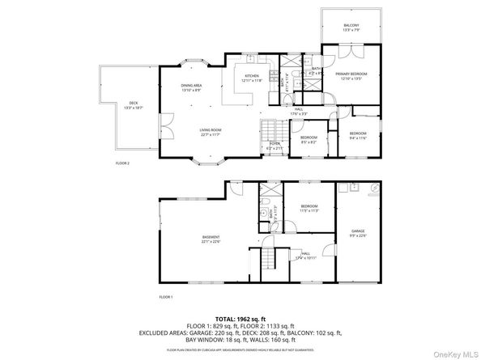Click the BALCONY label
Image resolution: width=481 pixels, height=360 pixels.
(351, 27)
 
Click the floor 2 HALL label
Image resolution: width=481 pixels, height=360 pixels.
(299, 111)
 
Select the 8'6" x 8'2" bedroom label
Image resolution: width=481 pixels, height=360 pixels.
(309, 138)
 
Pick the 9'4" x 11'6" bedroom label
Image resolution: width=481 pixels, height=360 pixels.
(357, 134)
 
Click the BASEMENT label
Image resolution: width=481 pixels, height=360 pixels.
(211, 238)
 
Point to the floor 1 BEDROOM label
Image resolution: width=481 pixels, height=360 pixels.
(309, 209)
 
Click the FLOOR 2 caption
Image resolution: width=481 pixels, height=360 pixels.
(122, 163)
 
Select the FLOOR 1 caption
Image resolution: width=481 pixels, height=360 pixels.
(166, 297)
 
